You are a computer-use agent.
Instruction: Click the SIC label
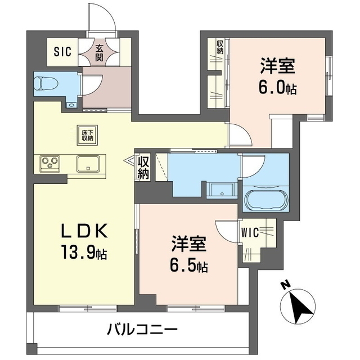click(x=62, y=52)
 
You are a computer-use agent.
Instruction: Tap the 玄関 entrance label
click(x=99, y=52)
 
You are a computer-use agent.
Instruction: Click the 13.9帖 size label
click(x=85, y=254)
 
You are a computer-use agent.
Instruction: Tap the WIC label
click(x=250, y=231)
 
